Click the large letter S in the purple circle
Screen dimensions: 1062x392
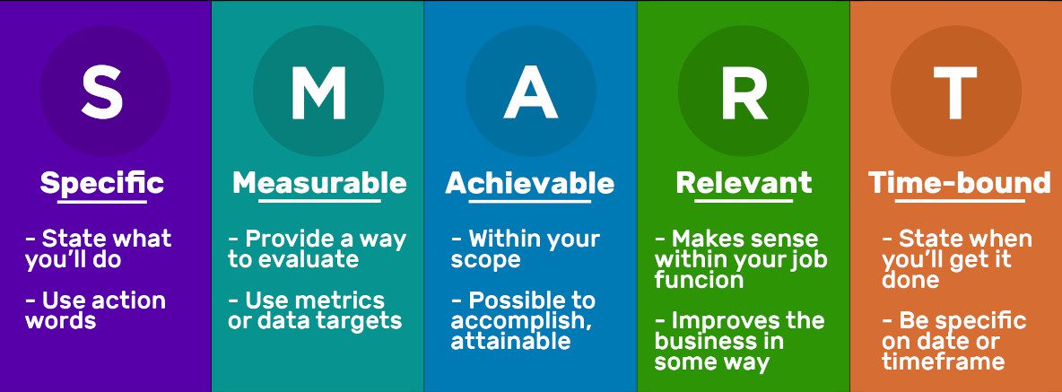pos(102,91)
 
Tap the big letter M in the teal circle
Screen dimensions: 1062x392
pos(318,91)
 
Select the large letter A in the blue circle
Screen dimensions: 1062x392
pos(531,91)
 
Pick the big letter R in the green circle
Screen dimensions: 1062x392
pos(744,91)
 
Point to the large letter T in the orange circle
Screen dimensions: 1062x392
pos(955,91)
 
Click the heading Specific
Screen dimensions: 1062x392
pos(101,184)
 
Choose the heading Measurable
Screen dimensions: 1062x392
pos(319,184)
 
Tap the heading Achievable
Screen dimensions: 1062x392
pos(529,184)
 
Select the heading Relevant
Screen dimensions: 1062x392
pos(744,184)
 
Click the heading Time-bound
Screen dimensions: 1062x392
pos(959,184)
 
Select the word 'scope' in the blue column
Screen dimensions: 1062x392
pos(485,261)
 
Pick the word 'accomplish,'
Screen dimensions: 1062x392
pos(521,321)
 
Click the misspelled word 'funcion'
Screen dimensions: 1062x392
pos(699,280)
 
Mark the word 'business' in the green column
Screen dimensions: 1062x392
pos(718,341)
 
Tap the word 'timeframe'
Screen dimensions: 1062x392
pos(943,361)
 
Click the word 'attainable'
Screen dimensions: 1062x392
pos(511,341)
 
